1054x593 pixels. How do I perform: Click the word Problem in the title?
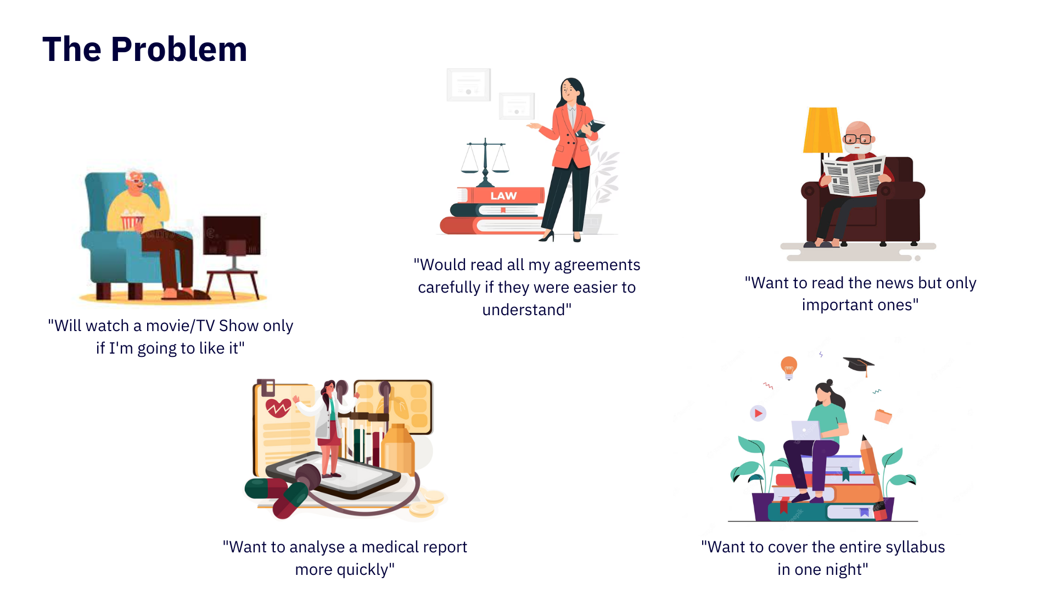(x=179, y=49)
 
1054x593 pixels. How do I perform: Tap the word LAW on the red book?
(x=503, y=195)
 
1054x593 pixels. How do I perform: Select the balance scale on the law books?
(x=485, y=163)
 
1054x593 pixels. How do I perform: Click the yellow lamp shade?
(x=822, y=130)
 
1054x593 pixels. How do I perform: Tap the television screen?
(x=232, y=235)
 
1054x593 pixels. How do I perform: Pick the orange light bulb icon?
(x=789, y=367)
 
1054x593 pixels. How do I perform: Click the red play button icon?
(x=758, y=413)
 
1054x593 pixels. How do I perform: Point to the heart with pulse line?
(x=278, y=408)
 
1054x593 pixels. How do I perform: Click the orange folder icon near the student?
(x=883, y=416)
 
